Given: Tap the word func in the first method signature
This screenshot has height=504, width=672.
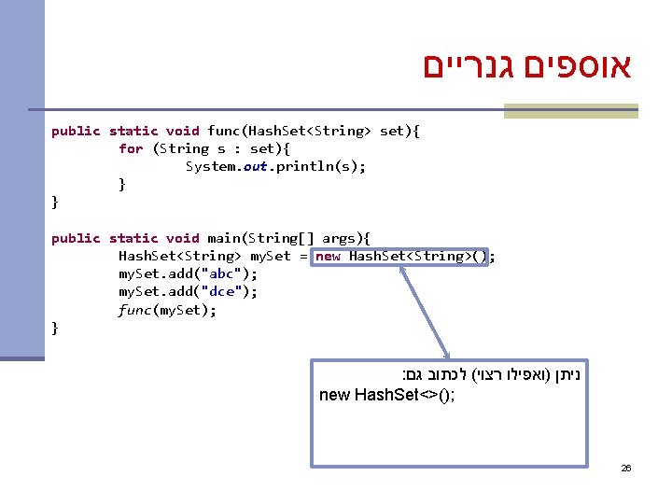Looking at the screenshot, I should pos(223,131).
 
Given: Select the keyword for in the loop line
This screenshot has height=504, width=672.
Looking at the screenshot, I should pos(131,148).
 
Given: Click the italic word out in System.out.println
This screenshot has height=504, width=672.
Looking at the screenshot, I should pos(256,166).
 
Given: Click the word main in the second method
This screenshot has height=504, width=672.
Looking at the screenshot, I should pos(223,238).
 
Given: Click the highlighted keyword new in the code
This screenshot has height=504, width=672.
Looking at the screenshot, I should pos(328,256).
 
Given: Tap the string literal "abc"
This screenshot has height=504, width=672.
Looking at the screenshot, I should pos(223,273).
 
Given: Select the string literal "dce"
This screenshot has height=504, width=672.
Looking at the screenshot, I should pos(223,291).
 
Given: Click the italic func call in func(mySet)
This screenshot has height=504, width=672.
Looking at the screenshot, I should pos(134,309).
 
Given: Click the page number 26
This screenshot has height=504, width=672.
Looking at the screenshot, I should pos(626,468).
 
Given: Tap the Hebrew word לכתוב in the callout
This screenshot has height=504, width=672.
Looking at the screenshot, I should pos(452,374).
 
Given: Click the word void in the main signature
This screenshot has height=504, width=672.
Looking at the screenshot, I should pos(182,238).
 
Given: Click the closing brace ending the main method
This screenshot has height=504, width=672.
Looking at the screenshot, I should pos(55,327).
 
